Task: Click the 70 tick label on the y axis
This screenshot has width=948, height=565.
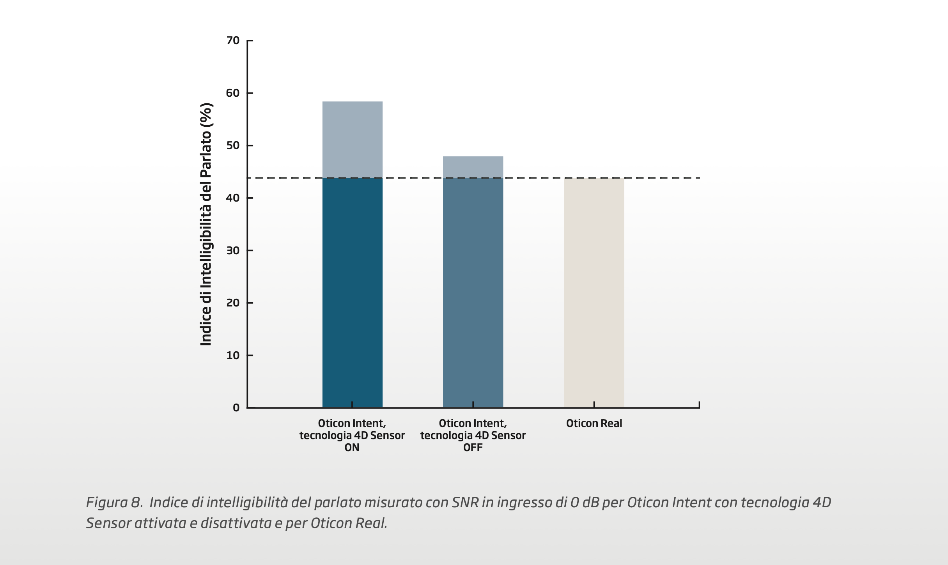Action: point(233,41)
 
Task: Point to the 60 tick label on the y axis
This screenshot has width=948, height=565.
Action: point(233,93)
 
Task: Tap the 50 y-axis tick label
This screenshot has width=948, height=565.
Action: point(233,145)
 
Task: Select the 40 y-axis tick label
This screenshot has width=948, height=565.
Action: point(233,198)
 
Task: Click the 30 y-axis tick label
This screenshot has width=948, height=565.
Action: point(233,250)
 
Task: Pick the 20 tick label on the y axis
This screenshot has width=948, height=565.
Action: point(233,303)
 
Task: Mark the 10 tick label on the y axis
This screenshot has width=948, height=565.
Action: point(233,355)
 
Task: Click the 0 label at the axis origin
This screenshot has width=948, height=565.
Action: point(236,408)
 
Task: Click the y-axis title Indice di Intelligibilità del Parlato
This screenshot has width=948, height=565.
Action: point(206,224)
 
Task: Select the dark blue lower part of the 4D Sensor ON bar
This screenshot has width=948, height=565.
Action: point(352,292)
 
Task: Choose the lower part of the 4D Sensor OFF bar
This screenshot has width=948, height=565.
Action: point(473,292)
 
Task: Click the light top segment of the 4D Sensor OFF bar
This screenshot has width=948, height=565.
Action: point(473,167)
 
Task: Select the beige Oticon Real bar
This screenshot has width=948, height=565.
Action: point(594,292)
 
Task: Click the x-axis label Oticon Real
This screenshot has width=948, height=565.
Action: point(594,423)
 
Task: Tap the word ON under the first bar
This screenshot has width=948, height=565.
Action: point(352,448)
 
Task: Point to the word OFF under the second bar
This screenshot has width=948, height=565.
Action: point(473,448)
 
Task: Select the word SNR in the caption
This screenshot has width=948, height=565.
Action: point(465,502)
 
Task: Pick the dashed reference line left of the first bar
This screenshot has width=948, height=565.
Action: point(285,178)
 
